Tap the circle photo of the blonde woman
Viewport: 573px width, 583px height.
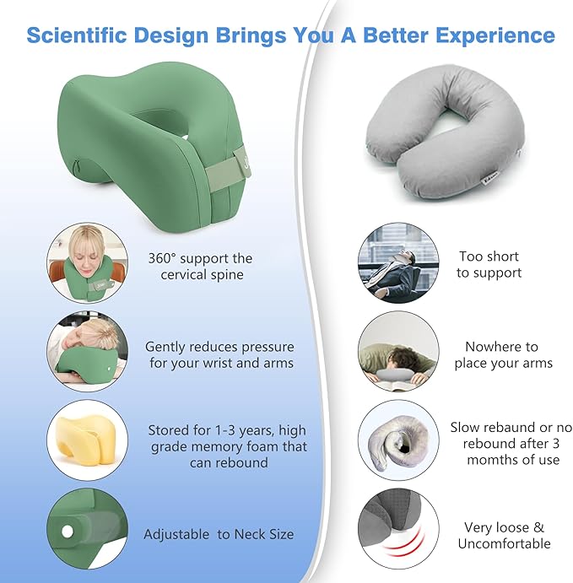pyautogui.click(x=87, y=262)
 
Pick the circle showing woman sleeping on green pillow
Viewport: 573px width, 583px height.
pyautogui.click(x=87, y=352)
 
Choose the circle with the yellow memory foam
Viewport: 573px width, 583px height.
pyautogui.click(x=87, y=440)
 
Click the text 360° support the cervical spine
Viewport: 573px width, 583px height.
pyautogui.click(x=200, y=266)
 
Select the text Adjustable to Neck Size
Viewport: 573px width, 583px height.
pyautogui.click(x=219, y=534)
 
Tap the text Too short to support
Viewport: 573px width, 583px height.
pyautogui.click(x=489, y=264)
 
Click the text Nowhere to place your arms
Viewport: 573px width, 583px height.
pyautogui.click(x=503, y=354)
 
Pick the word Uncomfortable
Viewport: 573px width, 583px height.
pyautogui.click(x=504, y=543)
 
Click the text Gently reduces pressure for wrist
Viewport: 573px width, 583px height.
pyautogui.click(x=219, y=354)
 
